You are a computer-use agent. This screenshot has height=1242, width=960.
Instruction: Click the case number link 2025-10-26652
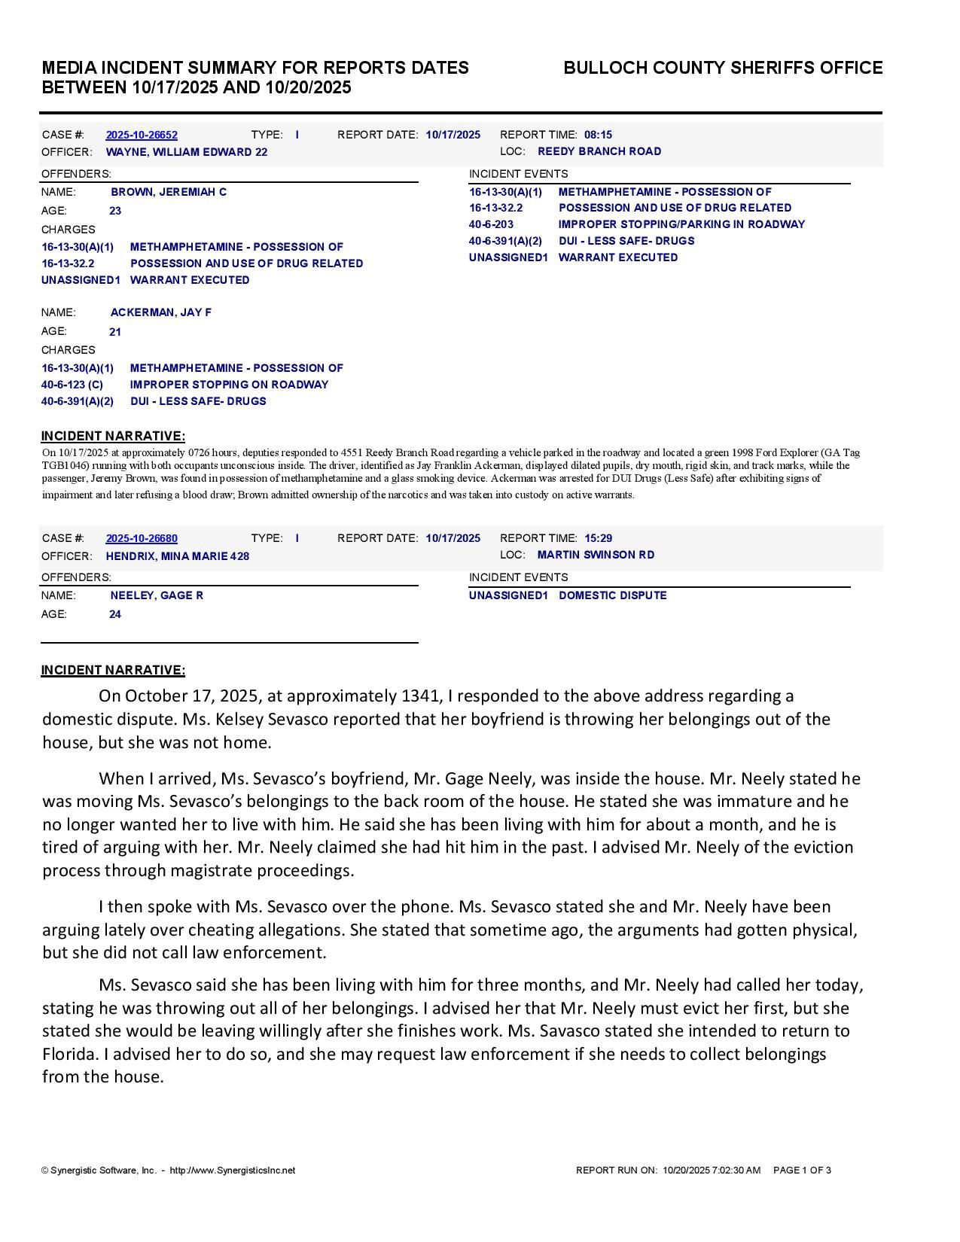tap(142, 135)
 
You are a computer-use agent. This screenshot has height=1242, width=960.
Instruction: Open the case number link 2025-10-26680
tap(142, 538)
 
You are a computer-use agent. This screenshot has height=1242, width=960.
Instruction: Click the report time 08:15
tap(598, 135)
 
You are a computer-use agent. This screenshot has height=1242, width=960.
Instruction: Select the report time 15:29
tap(598, 538)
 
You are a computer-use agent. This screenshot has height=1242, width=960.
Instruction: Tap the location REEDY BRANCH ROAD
tap(599, 151)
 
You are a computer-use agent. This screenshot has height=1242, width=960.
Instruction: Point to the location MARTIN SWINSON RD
tap(596, 555)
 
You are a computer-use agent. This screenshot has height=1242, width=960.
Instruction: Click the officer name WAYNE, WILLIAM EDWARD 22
tap(187, 152)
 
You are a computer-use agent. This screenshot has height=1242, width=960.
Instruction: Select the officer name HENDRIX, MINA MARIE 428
tap(178, 556)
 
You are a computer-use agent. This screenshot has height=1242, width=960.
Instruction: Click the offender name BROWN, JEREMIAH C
tap(169, 192)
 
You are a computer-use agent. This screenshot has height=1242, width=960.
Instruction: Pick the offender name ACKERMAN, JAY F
tap(161, 312)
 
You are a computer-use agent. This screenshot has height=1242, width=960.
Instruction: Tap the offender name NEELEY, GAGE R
tap(157, 595)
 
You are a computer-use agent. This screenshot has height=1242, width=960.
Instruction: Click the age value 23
tap(115, 211)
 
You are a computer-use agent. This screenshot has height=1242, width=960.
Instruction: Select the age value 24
tap(115, 614)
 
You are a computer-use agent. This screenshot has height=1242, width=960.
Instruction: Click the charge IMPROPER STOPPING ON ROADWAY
tap(230, 385)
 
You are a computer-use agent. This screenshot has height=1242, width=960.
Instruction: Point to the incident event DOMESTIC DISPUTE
tap(613, 595)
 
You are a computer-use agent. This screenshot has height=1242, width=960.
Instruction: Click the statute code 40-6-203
tap(491, 224)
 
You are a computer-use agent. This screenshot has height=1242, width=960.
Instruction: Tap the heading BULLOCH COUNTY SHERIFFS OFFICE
tap(723, 68)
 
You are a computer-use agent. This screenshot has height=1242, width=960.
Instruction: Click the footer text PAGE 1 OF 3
tap(802, 1170)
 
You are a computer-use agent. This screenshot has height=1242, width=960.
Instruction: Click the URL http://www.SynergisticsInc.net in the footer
tap(233, 1170)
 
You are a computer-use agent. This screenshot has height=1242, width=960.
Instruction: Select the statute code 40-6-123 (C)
tap(72, 385)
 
